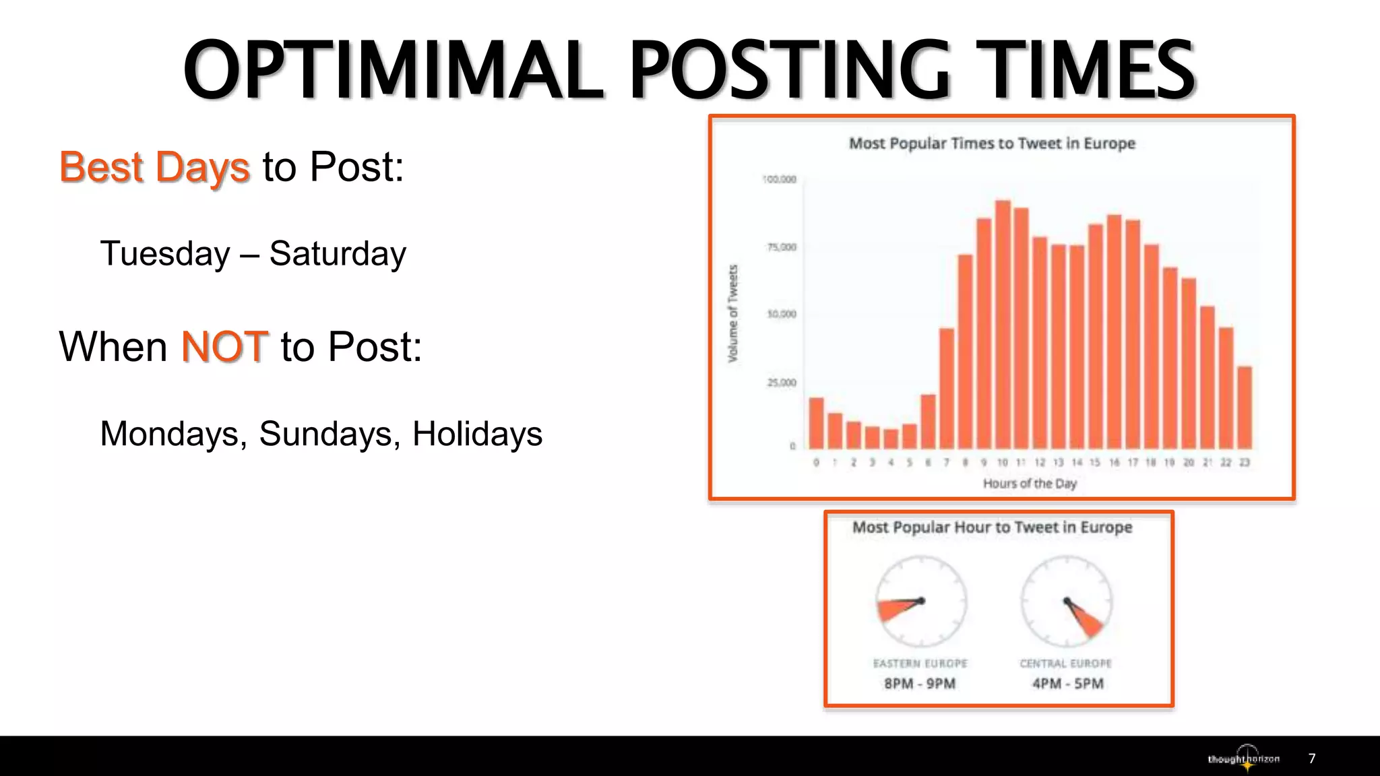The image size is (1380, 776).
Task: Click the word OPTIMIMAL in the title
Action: [x=394, y=70]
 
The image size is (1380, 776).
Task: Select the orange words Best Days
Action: [x=154, y=167]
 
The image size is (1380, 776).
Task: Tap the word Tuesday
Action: [x=165, y=254]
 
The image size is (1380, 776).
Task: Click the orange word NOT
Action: [x=225, y=347]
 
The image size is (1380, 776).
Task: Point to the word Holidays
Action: [x=477, y=434]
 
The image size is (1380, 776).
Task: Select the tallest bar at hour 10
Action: [x=1003, y=323]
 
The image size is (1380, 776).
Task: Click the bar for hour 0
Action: [x=816, y=423]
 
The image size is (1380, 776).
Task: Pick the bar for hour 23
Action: [x=1245, y=408]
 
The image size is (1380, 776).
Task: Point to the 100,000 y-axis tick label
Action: [x=780, y=179]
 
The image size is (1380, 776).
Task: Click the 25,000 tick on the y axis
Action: [x=782, y=383]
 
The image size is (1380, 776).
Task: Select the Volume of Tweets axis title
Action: [x=733, y=313]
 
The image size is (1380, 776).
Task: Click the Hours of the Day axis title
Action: [x=1030, y=484]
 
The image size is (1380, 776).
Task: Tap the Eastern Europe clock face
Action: [x=921, y=601]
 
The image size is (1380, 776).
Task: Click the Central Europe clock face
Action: [x=1066, y=601]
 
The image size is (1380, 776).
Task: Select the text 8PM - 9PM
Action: [x=920, y=684]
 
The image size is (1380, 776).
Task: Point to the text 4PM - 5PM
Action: [x=1068, y=684]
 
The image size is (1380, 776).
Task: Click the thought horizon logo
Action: [x=1244, y=758]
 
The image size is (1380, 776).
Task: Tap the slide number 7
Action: [x=1312, y=758]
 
